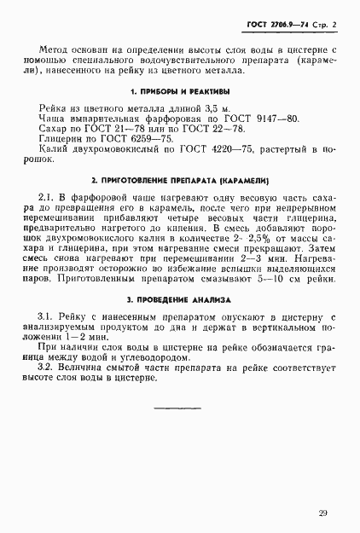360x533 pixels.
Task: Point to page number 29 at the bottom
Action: [x=322, y=513]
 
